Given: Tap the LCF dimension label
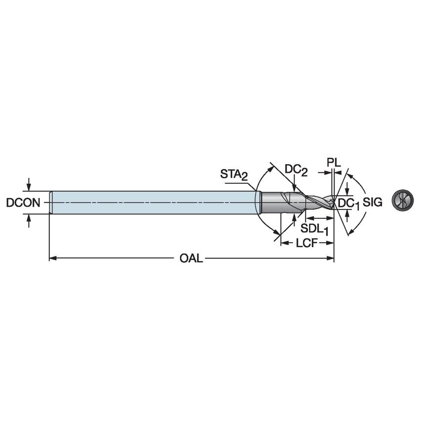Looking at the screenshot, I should click(306, 242).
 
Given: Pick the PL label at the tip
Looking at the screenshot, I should click(334, 162).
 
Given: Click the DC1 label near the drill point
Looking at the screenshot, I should click(348, 203).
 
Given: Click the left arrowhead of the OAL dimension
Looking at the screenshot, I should click(52, 258).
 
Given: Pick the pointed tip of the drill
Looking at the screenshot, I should click(334, 202).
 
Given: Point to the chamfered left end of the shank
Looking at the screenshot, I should click(51, 203).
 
